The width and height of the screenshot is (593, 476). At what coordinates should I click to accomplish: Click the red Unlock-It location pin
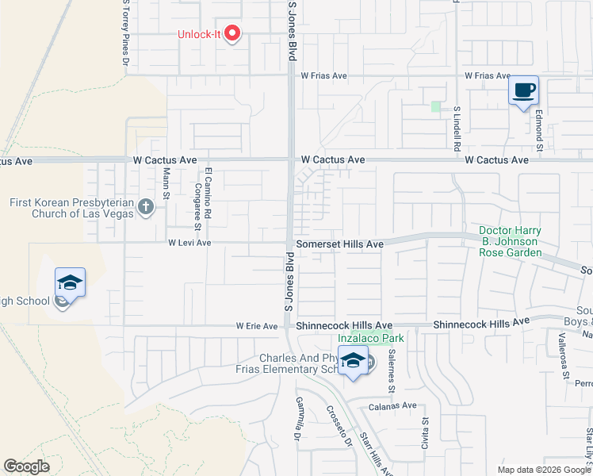(232, 33)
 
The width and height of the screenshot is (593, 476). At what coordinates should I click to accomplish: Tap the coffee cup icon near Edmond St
(523, 90)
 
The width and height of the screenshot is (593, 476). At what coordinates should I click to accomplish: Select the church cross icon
(145, 208)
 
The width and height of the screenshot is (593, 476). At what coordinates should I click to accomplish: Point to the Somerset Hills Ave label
(339, 244)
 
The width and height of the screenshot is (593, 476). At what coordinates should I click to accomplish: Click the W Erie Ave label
(257, 326)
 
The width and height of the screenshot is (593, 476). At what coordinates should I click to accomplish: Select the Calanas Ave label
(392, 405)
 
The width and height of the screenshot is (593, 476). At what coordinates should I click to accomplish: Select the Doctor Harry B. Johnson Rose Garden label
(510, 242)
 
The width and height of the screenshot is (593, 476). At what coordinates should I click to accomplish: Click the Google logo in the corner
(26, 466)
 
